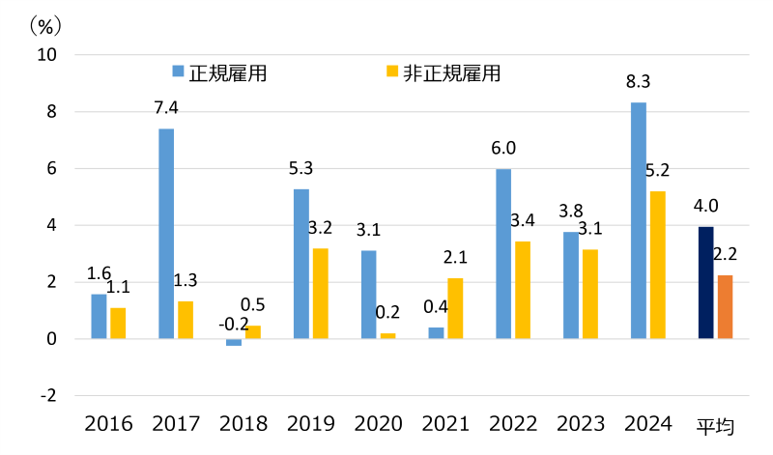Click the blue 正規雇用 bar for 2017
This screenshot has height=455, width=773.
pyautogui.click(x=166, y=234)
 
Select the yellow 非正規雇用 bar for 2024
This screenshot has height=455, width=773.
pyautogui.click(x=657, y=265)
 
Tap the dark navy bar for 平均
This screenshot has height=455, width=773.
pyautogui.click(x=705, y=283)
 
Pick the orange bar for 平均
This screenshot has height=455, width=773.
pyautogui.click(x=725, y=307)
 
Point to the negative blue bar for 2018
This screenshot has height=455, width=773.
pyautogui.click(x=234, y=342)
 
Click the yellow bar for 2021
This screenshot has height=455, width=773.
pyautogui.click(x=455, y=308)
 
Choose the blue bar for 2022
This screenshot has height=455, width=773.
pyautogui.click(x=503, y=254)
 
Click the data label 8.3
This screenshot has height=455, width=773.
pyautogui.click(x=638, y=82)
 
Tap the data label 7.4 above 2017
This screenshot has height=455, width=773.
pyautogui.click(x=166, y=107)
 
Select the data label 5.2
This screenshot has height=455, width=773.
pyautogui.click(x=657, y=171)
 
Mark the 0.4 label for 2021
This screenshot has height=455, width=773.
pyautogui.click(x=436, y=307)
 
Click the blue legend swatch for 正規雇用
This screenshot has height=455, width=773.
pyautogui.click(x=178, y=71)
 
